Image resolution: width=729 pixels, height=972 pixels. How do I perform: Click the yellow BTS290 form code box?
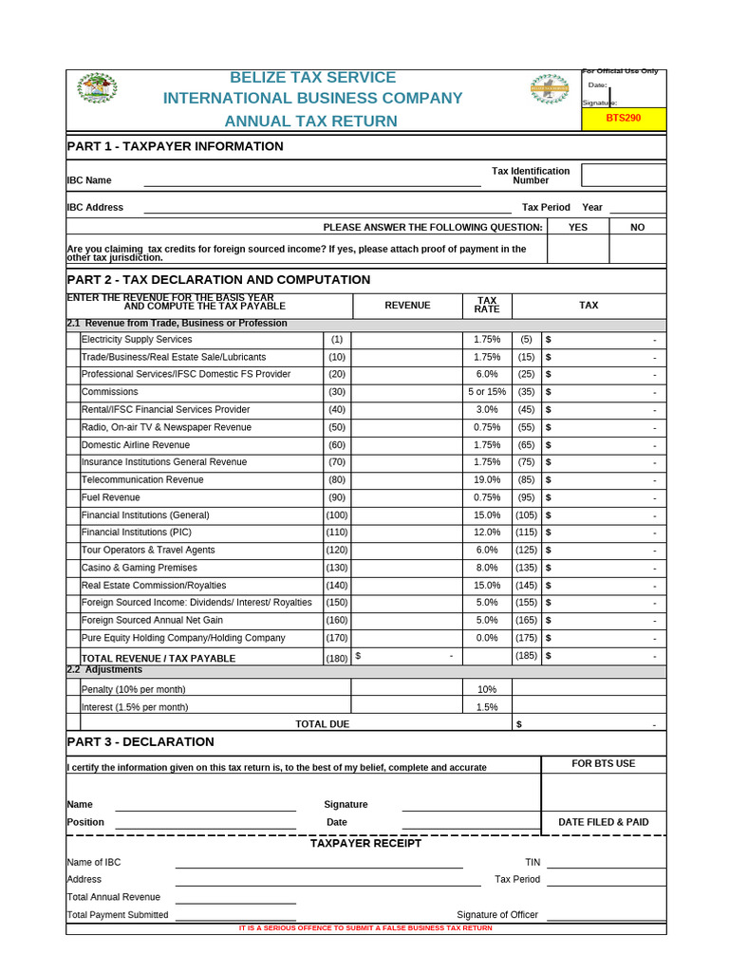(x=624, y=119)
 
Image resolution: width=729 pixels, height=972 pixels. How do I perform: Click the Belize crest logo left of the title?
(x=97, y=88)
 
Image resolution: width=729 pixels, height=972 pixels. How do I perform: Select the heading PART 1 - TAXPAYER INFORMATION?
(x=175, y=146)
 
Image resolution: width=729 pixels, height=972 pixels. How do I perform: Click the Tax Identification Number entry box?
(x=624, y=176)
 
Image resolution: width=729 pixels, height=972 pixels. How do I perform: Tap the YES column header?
(x=578, y=228)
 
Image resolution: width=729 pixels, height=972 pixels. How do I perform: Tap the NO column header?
(x=638, y=228)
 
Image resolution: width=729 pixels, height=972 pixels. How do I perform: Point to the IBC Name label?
(x=89, y=180)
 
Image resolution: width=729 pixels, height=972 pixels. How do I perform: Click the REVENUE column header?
(x=407, y=306)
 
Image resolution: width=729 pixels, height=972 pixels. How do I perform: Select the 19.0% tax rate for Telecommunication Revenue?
(x=487, y=480)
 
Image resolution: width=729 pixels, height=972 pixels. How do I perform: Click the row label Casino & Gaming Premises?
(x=140, y=568)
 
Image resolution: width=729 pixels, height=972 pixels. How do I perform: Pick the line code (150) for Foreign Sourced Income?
(x=337, y=603)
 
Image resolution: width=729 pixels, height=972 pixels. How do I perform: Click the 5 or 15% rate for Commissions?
(x=487, y=392)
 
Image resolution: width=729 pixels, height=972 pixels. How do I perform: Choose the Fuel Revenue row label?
(x=111, y=497)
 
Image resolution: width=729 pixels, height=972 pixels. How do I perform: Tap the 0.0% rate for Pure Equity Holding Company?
(x=487, y=638)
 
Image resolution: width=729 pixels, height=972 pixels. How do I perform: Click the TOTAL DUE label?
(x=322, y=724)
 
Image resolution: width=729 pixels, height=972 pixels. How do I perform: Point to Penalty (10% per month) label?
(x=134, y=689)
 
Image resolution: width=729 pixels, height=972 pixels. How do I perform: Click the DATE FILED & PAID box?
(x=604, y=822)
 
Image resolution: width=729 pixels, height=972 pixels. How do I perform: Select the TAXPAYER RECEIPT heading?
(x=365, y=844)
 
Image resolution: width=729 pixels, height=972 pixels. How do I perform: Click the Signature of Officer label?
(x=497, y=915)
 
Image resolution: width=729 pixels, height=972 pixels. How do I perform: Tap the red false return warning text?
(x=365, y=928)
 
